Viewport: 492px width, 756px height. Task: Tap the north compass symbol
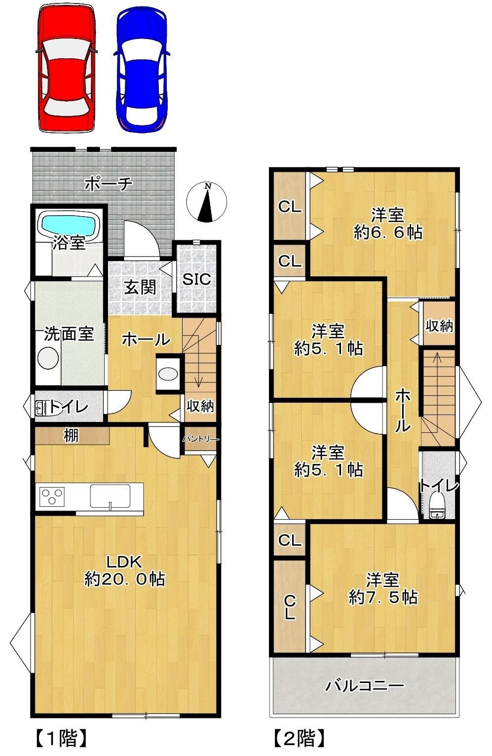pos(206,202)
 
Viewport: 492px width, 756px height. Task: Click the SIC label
pos(196,279)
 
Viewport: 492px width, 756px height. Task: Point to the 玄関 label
pos(140,287)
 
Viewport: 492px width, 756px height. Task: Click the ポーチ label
pos(109,184)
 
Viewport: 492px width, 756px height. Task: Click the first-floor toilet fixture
pos(42,408)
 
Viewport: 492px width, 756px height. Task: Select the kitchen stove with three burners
pos(52,496)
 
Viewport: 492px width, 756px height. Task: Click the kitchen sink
pos(110,496)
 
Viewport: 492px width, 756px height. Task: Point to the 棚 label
pos(71,436)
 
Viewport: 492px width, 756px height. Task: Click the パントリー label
pos(201,439)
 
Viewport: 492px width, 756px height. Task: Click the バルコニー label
pos(364,685)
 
